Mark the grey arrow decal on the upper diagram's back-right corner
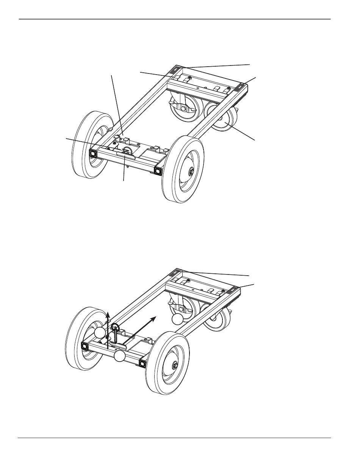point(240,87)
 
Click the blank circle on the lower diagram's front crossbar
point(120,356)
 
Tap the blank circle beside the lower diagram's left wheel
point(100,333)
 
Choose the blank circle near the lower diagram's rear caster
point(177,319)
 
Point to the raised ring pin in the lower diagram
point(116,328)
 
